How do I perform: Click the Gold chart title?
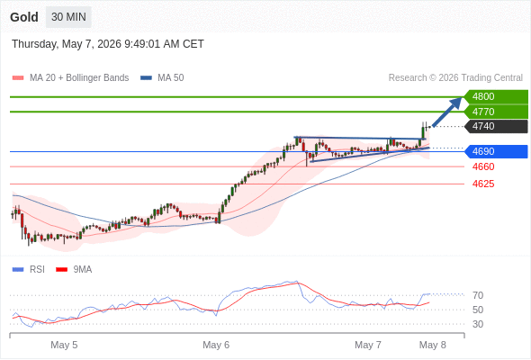(x=24, y=17)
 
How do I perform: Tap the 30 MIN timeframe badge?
(x=68, y=17)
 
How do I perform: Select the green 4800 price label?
(x=496, y=96)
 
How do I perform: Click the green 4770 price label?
(x=496, y=112)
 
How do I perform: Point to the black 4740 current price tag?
(x=496, y=126)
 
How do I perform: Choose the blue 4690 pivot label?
(x=496, y=151)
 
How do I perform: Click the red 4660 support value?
(x=483, y=166)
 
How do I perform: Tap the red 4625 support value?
(x=483, y=184)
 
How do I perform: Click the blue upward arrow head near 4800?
(x=455, y=103)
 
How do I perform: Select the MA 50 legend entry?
(x=162, y=78)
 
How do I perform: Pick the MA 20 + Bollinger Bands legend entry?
(x=70, y=78)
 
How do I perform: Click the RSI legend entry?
(x=29, y=269)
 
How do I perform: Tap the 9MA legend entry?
(x=74, y=269)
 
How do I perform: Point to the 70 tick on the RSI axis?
(x=478, y=295)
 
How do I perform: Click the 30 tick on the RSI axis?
(x=478, y=324)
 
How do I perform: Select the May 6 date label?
(x=216, y=345)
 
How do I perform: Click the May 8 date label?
(x=433, y=345)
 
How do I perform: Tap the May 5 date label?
(x=64, y=345)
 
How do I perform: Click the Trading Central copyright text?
(x=455, y=78)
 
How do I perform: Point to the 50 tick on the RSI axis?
(x=478, y=310)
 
